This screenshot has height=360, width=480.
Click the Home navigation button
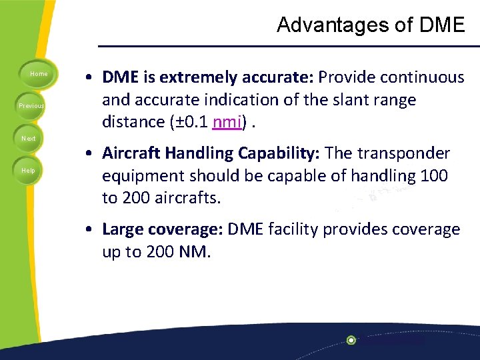[39, 74]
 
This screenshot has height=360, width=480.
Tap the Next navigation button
[29, 139]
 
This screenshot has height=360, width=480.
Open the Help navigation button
[29, 171]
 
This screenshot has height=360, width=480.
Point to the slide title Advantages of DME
[371, 25]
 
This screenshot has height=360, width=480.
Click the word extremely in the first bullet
[197, 78]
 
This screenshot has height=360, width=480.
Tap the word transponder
[404, 153]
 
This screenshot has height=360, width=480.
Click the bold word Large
[123, 229]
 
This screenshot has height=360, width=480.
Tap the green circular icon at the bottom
[351, 340]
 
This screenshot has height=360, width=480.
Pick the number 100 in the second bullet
[435, 175]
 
